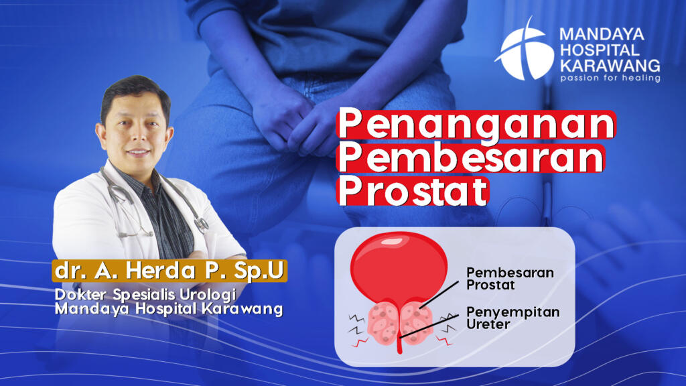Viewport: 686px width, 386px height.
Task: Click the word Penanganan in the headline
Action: coord(476,125)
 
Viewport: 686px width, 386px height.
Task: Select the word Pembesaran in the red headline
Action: coord(471,158)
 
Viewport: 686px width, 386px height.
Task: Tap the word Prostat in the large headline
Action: coord(413,191)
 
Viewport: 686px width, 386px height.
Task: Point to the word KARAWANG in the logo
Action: coord(610,66)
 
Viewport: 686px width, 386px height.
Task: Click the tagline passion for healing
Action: coord(610,78)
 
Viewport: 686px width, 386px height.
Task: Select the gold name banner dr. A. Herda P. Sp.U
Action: coord(169,271)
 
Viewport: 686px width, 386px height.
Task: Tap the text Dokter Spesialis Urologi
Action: coord(145,295)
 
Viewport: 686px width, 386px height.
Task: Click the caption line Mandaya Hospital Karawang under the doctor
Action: coord(169,308)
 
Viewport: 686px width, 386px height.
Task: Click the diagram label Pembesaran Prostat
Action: coord(510,279)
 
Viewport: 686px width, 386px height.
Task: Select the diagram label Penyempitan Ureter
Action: coord(512,318)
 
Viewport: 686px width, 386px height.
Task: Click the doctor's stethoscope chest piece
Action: coord(202,225)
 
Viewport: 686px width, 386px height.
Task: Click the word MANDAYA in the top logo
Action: coord(602,34)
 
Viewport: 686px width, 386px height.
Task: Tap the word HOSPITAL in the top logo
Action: coord(600,50)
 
